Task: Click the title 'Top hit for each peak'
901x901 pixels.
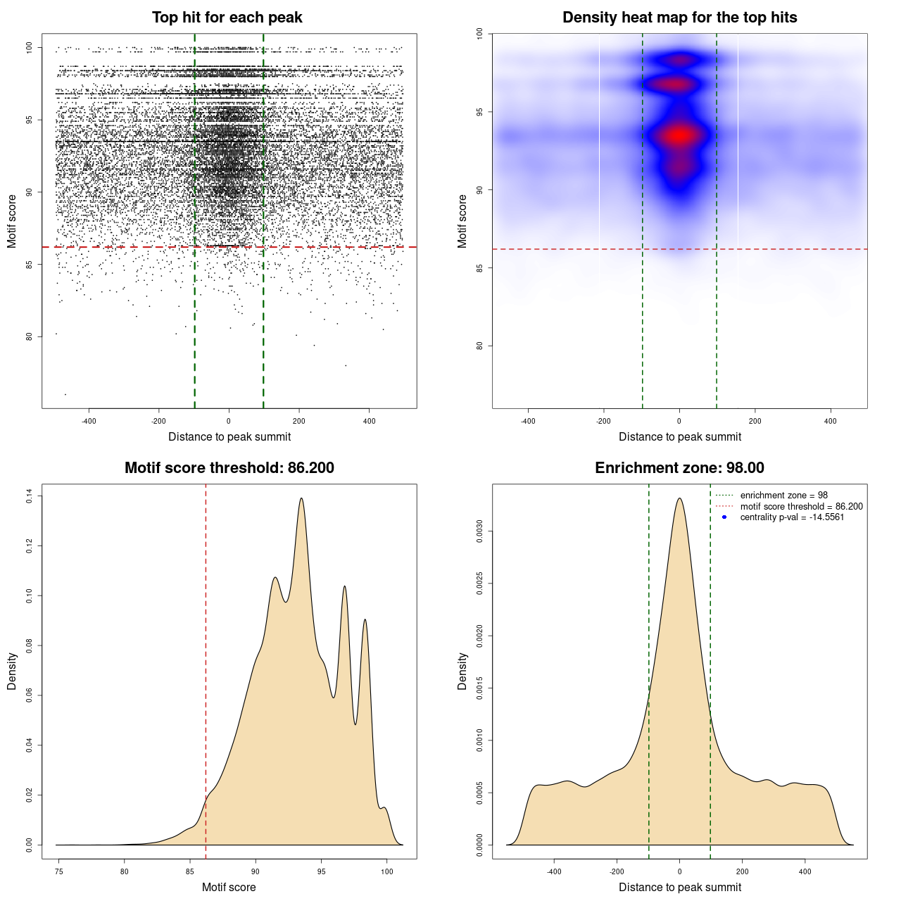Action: coord(227,18)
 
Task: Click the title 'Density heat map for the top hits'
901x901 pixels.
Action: coord(679,18)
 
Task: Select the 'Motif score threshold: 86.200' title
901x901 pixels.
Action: coord(229,468)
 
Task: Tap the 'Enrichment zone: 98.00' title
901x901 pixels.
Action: coord(679,468)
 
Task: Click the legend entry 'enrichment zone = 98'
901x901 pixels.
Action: coord(783,496)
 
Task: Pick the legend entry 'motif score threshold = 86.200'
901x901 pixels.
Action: coord(801,507)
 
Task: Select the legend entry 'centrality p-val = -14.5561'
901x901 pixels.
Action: coord(792,517)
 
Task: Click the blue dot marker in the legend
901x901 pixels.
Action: coord(724,517)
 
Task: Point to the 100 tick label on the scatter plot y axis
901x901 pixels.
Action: coord(30,48)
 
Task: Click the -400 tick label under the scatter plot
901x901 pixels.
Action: coord(89,421)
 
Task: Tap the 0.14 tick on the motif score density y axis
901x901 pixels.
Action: coord(30,496)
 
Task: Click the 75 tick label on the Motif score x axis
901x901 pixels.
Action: coord(59,871)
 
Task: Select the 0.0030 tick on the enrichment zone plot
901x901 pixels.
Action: coord(480,532)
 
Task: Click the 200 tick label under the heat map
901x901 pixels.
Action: coord(755,421)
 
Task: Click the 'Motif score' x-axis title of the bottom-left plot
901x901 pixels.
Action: coord(229,887)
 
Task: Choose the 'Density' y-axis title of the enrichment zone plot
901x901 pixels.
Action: coord(462,671)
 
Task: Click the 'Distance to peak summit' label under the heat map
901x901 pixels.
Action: coord(679,436)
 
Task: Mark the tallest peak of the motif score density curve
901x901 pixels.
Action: coord(301,498)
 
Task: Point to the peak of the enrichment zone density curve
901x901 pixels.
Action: coord(679,498)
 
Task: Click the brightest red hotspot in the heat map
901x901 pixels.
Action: coord(679,135)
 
